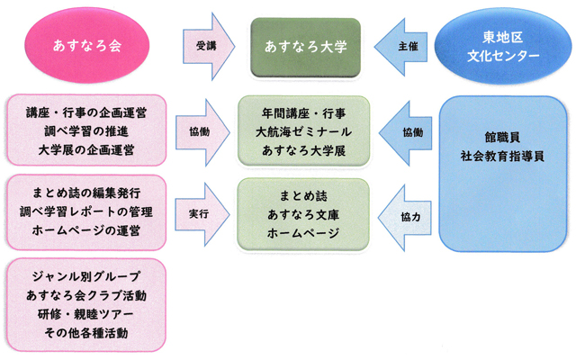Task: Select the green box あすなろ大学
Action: point(305,44)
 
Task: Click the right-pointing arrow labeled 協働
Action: point(203,130)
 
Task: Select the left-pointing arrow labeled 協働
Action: point(410,131)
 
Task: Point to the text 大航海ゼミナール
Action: point(303,131)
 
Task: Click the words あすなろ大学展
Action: point(303,148)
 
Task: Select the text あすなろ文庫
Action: point(303,214)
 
